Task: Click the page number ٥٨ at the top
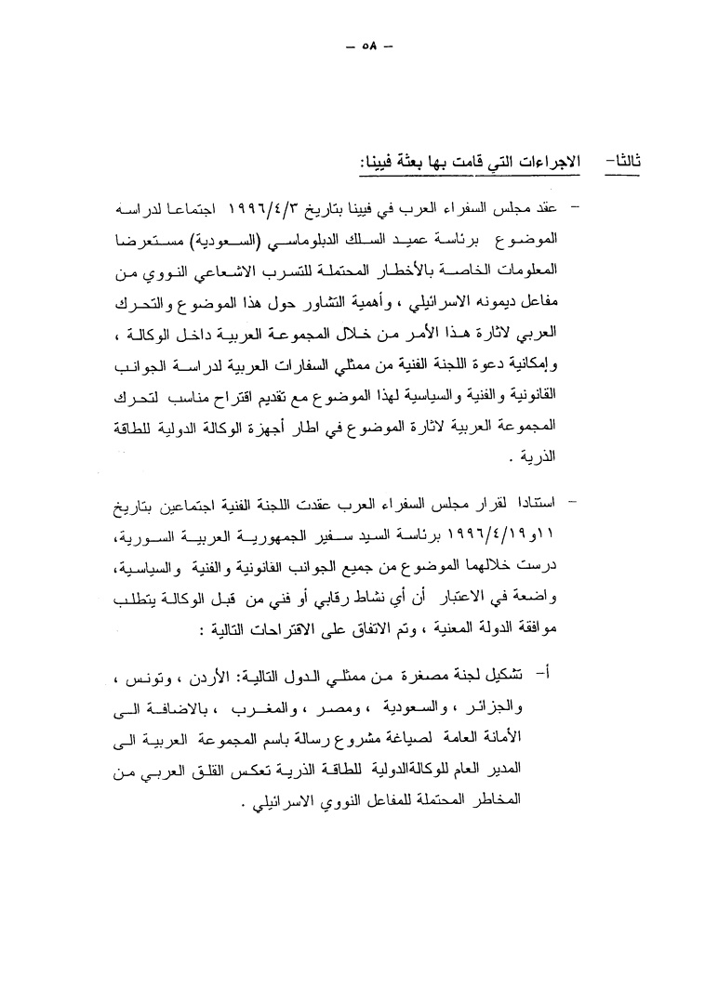coord(364,47)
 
